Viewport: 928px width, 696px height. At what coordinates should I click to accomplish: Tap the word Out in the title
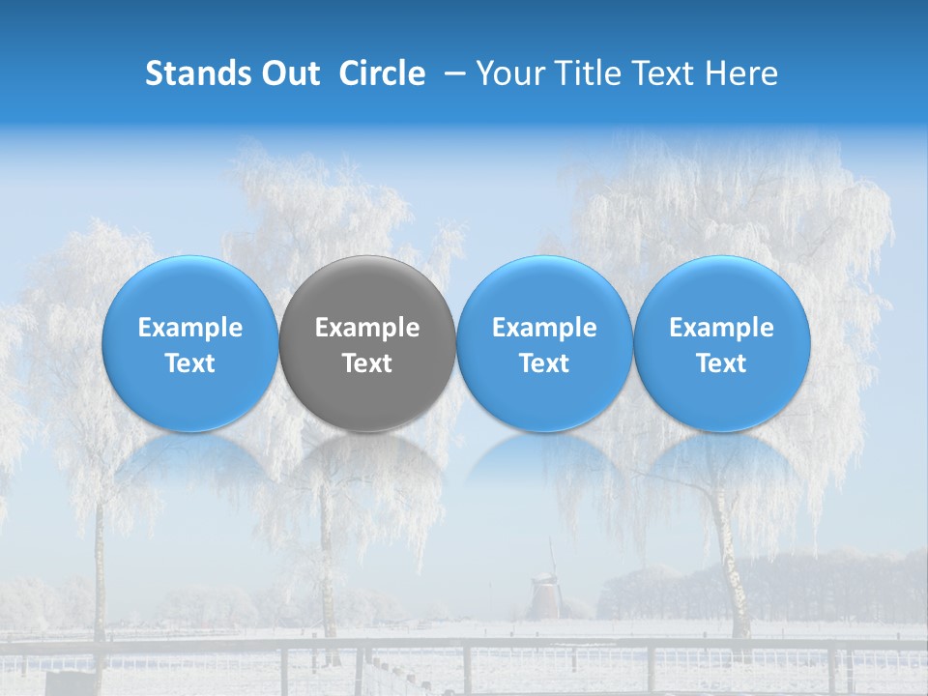[288, 73]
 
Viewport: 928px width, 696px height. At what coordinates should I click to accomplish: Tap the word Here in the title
[741, 73]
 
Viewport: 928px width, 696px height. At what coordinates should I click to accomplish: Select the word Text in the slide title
[663, 73]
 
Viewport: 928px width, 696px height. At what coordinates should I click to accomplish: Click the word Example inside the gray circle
[367, 328]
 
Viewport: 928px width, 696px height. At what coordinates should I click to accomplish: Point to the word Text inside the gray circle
[367, 363]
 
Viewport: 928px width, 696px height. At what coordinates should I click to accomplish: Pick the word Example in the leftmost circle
[190, 328]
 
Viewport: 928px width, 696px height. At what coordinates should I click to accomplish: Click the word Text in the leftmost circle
[190, 363]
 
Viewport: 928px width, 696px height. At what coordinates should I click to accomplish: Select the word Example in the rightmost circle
[722, 328]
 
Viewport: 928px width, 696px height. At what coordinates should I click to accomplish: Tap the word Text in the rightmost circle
[722, 363]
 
